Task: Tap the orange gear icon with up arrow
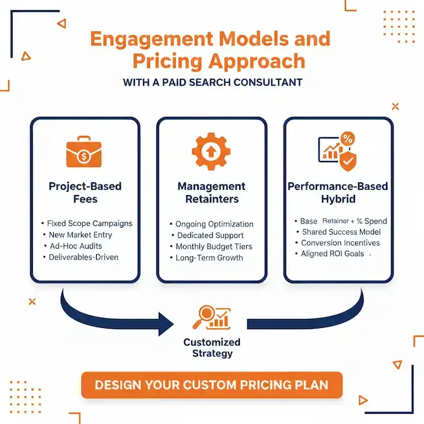point(211,151)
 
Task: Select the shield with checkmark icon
point(347,161)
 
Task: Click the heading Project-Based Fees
point(85,192)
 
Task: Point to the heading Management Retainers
point(211,192)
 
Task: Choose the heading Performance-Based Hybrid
point(338,192)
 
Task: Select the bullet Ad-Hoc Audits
point(75,246)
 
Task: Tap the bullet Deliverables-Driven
point(84,257)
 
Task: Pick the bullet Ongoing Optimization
point(214,224)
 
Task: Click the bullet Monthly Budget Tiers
point(213,246)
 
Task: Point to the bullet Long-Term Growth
point(209,258)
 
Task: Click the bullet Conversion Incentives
point(340,243)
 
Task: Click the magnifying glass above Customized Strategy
point(206,315)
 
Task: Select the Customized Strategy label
point(212,347)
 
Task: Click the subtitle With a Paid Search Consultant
point(211,82)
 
